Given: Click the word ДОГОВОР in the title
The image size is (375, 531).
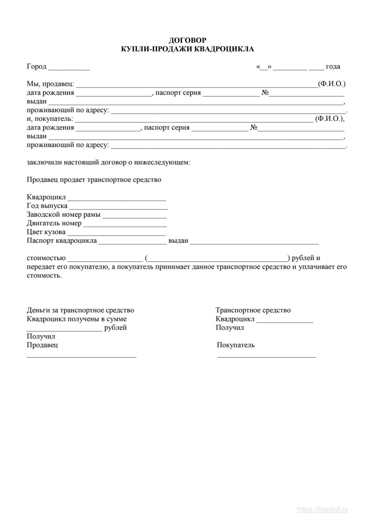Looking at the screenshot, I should tap(188, 41).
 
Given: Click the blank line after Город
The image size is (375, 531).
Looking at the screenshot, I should tap(69, 68).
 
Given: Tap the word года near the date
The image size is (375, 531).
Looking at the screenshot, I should tap(333, 67).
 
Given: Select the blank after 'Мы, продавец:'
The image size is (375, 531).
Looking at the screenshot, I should tap(197, 85).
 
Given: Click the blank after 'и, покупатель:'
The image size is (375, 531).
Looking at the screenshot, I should tap(195, 120).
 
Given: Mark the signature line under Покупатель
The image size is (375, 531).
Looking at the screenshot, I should tap(267, 356).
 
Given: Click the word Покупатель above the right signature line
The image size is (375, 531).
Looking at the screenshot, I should tap(236, 345).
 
